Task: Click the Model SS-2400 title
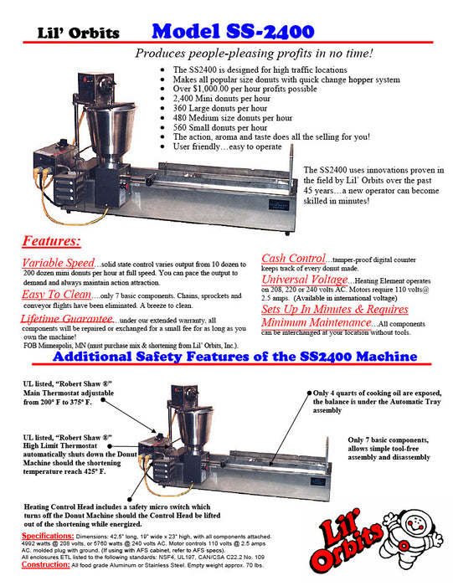pos(233,32)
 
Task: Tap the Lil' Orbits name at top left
pos(78,33)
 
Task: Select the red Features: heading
pos(51,242)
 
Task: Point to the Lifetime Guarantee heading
pos(66,320)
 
